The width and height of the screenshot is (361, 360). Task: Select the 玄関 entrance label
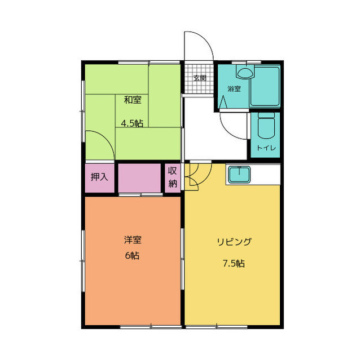200,78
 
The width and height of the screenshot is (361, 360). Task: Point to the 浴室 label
234,88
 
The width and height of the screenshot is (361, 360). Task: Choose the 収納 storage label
173,177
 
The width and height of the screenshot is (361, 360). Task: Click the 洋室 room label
133,239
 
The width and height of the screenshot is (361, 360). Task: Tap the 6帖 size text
133,255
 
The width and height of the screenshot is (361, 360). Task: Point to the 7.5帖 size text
233,263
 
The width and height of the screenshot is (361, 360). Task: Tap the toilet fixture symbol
266,128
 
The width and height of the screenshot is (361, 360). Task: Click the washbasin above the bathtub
245,73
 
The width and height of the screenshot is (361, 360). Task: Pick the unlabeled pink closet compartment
140,177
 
